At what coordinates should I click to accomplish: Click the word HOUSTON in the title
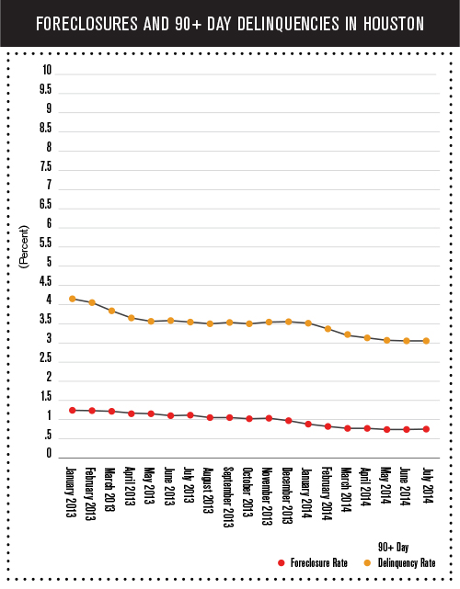[x=394, y=24]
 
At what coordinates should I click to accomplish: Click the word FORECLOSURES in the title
[x=86, y=24]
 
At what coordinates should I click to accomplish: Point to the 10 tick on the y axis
[x=47, y=70]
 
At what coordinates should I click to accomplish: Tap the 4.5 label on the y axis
[x=45, y=281]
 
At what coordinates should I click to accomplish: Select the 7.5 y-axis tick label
[x=46, y=166]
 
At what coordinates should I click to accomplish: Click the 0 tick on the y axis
[x=49, y=453]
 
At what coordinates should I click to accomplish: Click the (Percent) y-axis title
[x=24, y=246]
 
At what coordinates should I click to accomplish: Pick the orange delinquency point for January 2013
[x=73, y=299]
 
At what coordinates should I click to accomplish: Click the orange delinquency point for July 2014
[x=426, y=341]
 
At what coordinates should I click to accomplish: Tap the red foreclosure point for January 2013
[x=73, y=410]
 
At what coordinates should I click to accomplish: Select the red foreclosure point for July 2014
[x=426, y=429]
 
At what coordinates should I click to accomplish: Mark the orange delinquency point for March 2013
[x=111, y=311]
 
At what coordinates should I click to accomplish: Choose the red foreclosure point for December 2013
[x=289, y=421]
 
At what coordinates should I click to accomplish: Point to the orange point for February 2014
[x=328, y=329]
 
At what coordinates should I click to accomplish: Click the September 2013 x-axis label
[x=229, y=497]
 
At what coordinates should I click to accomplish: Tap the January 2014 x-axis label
[x=307, y=493]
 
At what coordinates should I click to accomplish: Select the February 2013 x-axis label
[x=90, y=493]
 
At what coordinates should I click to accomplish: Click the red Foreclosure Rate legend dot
[x=281, y=562]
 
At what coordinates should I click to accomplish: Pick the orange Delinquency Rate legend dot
[x=367, y=562]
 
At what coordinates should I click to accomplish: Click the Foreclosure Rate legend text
[x=319, y=562]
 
